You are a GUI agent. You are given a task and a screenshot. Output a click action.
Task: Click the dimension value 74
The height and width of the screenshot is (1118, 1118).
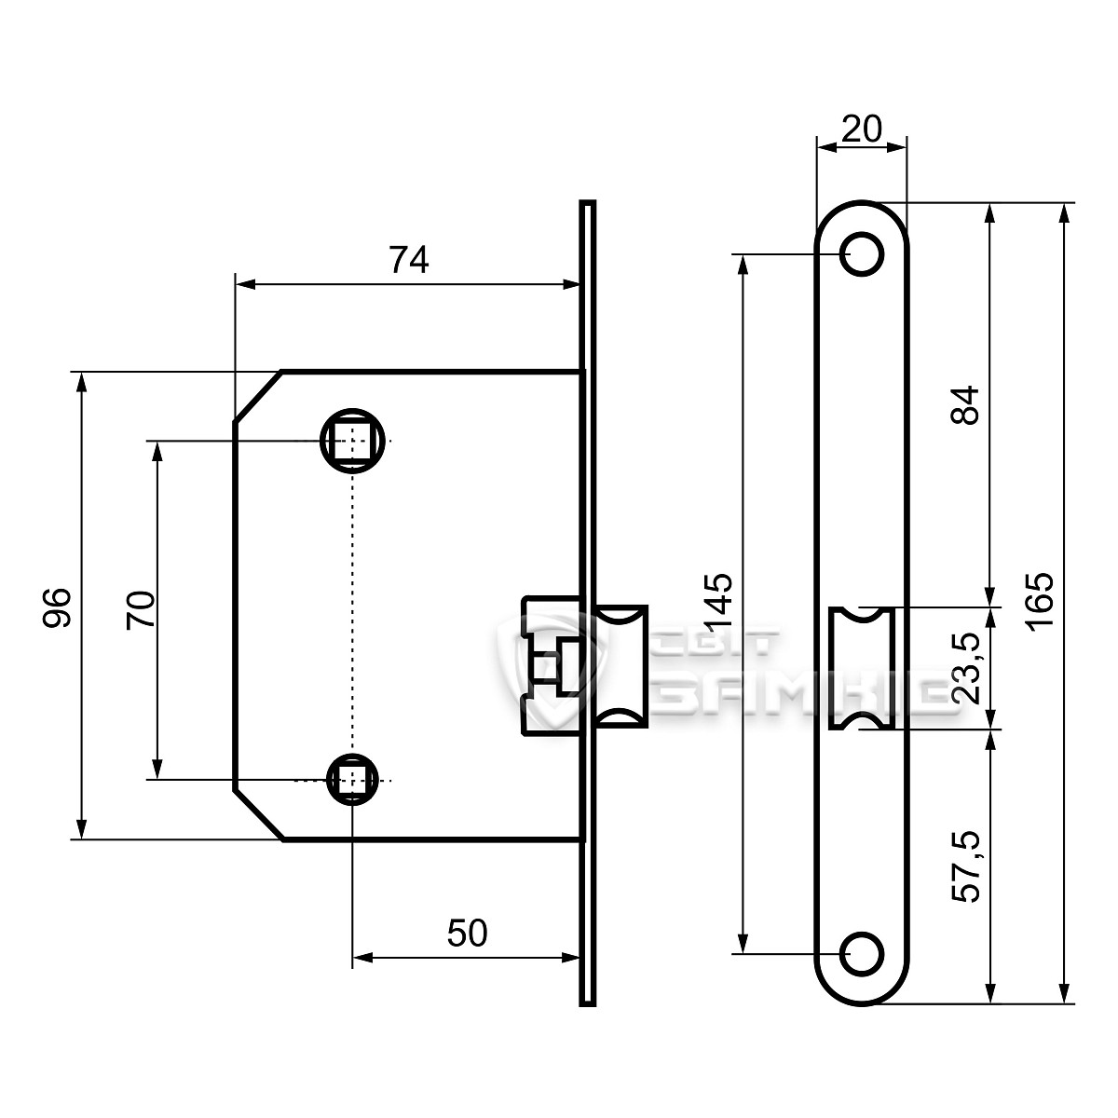(408, 261)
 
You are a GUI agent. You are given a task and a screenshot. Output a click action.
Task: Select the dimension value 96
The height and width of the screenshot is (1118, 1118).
(58, 607)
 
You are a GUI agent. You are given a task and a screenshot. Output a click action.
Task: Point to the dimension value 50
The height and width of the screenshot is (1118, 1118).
(467, 933)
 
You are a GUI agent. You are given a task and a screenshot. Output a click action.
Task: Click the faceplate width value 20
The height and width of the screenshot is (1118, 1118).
(861, 130)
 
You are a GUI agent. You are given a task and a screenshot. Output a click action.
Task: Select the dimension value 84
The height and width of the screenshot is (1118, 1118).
(968, 405)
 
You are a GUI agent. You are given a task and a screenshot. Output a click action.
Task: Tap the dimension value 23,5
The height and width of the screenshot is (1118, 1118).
(968, 667)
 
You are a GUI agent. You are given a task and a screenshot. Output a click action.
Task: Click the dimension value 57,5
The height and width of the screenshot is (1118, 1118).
(968, 868)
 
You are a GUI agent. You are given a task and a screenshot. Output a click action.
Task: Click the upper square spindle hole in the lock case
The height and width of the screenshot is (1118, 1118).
(352, 440)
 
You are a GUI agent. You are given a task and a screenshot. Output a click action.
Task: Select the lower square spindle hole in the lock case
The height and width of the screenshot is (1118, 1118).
(352, 779)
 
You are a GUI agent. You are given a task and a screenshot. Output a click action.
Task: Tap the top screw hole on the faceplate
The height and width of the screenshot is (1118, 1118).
(862, 252)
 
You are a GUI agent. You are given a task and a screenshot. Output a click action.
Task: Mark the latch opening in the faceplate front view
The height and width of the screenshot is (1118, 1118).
(862, 667)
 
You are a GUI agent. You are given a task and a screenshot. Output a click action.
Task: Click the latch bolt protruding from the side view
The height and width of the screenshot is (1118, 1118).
(620, 666)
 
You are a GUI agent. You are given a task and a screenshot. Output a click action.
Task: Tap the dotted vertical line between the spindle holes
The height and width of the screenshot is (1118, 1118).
(352, 606)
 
